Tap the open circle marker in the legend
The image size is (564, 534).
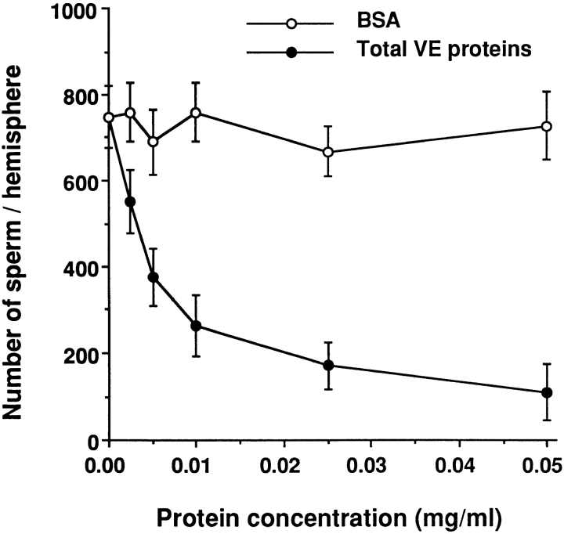(291, 24)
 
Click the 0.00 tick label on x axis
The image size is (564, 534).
(108, 465)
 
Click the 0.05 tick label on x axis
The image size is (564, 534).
(546, 465)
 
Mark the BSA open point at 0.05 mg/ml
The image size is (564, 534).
(547, 127)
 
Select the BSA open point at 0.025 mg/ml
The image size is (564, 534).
(328, 152)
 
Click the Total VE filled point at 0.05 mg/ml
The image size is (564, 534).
(547, 393)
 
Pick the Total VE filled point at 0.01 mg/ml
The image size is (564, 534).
(197, 327)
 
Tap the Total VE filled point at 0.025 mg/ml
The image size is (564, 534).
(328, 366)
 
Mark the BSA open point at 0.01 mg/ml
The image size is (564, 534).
(197, 113)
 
